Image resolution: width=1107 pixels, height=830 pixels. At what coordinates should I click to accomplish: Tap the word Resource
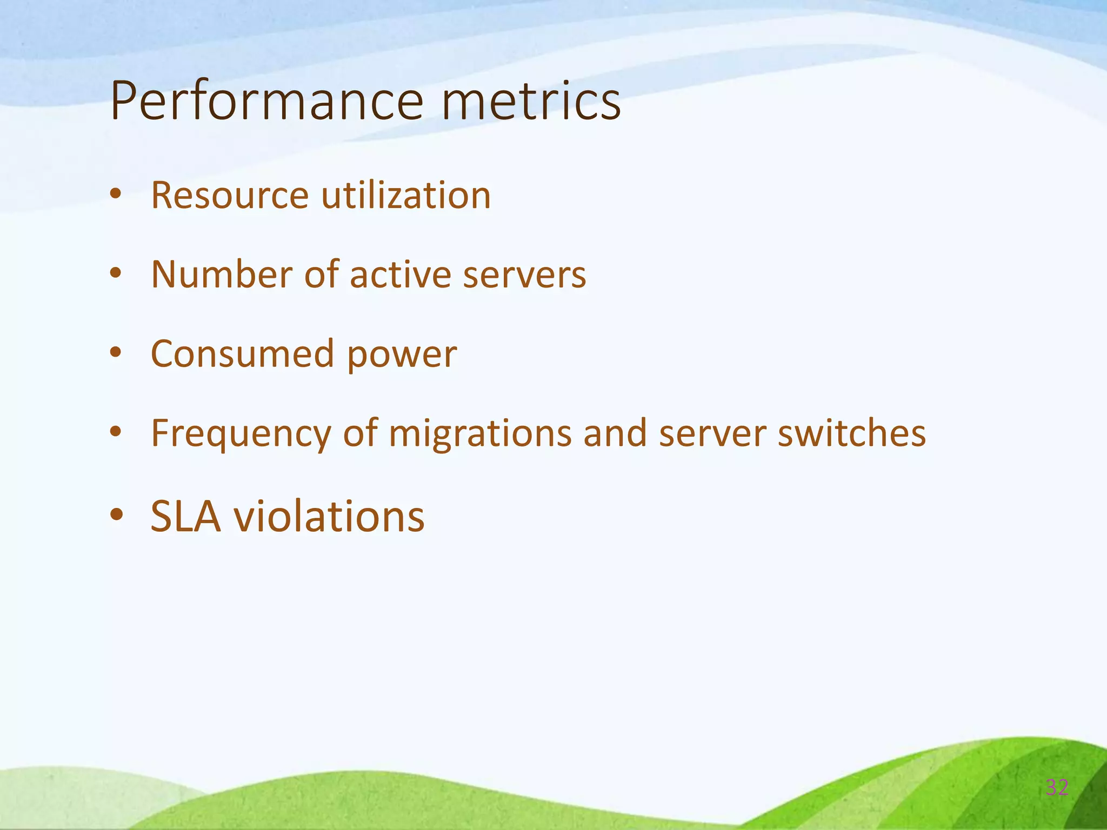click(x=230, y=195)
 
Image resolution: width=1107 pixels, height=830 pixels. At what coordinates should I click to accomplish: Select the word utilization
click(x=406, y=195)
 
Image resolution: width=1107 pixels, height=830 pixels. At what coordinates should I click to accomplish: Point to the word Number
click(x=222, y=275)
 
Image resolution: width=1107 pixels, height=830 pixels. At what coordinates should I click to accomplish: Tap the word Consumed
click(x=242, y=354)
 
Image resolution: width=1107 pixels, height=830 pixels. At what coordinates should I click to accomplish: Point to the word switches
click(x=851, y=433)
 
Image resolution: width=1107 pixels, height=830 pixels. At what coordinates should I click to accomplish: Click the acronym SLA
click(x=186, y=517)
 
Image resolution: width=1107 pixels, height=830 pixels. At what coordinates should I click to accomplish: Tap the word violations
click(x=329, y=517)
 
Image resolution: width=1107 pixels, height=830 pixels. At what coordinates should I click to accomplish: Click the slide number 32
click(x=1057, y=787)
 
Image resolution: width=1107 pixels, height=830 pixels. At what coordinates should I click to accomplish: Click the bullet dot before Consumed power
click(x=116, y=353)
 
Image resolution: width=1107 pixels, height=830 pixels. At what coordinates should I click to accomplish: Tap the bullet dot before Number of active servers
click(x=116, y=273)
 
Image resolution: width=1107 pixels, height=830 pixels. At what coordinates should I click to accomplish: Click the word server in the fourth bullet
click(x=712, y=434)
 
